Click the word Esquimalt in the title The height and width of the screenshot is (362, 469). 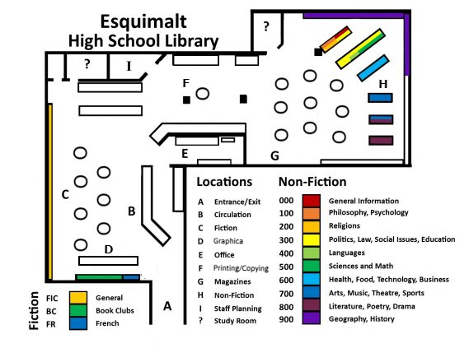coord(143,22)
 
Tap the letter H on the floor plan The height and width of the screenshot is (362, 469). coord(383,84)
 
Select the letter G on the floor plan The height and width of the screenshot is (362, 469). coord(274,155)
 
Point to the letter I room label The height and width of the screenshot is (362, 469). coord(129,66)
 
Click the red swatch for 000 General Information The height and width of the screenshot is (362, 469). coord(311,201)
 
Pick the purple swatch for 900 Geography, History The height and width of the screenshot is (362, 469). coord(311,318)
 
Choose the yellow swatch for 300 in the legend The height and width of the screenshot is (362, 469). coord(311,240)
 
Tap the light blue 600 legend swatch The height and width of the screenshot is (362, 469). coord(311,280)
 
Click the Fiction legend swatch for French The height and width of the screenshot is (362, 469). coord(78,323)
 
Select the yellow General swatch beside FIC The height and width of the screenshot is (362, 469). coord(78,298)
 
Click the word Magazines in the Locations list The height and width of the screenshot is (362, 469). coord(232,281)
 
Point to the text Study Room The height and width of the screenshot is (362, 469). coord(235,321)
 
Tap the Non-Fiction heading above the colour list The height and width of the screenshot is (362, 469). coord(312,182)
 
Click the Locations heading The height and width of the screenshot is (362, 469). coord(224,182)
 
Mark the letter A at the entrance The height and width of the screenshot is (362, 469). coord(167,306)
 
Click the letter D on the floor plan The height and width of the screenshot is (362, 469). coord(109,249)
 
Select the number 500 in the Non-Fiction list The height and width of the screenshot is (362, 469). coord(286,267)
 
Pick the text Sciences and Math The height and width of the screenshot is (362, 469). coord(361,266)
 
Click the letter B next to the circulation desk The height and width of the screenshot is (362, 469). coord(132,211)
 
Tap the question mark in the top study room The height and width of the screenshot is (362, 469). coord(266,26)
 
